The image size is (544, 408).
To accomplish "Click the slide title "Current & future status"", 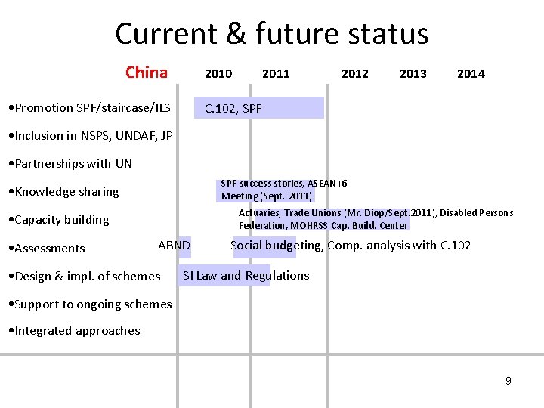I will tap(271, 34).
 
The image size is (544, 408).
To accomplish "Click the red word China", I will tap(147, 73).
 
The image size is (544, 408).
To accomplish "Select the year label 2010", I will tap(218, 73).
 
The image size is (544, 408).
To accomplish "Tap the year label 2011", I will tap(276, 73).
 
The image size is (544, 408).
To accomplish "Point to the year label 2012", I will tap(355, 73).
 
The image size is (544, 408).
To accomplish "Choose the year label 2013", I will tap(413, 73).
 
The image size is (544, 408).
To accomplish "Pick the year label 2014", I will tap(471, 73).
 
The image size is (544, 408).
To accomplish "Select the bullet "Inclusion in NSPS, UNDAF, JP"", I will tap(88, 136).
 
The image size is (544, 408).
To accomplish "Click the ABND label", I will tap(174, 246).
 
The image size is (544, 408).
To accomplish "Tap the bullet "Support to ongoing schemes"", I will tap(88, 304).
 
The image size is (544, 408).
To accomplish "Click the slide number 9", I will tap(508, 381).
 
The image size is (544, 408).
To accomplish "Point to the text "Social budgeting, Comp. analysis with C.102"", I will tap(351, 246).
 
